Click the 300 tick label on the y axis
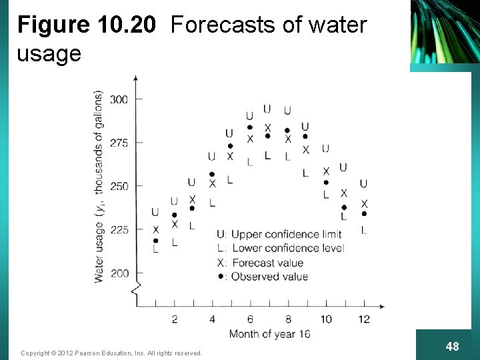coord(119,99)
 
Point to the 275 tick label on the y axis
coord(119,143)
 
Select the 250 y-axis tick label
coord(119,186)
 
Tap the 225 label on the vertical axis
coord(119,230)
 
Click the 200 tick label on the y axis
coord(119,273)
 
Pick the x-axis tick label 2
coord(175,319)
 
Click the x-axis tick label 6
coord(250,319)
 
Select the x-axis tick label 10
coord(325,319)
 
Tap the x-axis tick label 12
coord(363,319)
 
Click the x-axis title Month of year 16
coord(269,334)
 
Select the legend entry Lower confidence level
coord(280,248)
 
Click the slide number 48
coord(452,346)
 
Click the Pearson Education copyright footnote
coord(111,353)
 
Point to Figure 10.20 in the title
coord(86,25)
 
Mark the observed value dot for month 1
coord(155,241)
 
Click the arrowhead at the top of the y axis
coord(136,78)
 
